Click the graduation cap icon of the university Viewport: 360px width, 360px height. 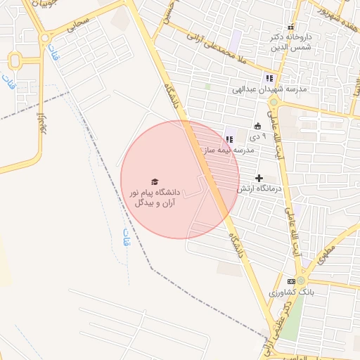pyautogui.click(x=155, y=181)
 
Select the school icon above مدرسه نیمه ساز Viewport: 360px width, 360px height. pyautogui.click(x=229, y=139)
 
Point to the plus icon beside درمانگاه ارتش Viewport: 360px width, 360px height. pyautogui.click(x=259, y=178)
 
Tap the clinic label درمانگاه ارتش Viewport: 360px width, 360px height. pyautogui.click(x=259, y=188)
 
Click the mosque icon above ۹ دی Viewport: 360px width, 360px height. pyautogui.click(x=257, y=126)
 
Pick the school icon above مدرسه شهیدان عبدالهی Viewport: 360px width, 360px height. pyautogui.click(x=269, y=78)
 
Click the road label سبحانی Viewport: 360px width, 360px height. pyautogui.click(x=79, y=27)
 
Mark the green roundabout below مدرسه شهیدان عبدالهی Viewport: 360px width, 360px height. pyautogui.click(x=274, y=103)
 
